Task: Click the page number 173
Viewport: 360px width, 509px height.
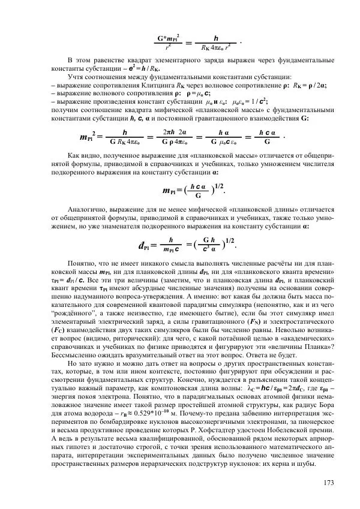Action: (328, 483)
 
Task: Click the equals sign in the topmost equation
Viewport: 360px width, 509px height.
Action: (187, 43)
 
